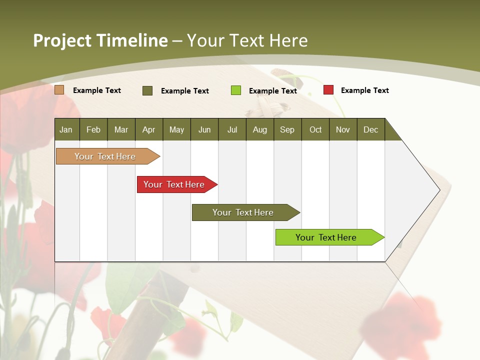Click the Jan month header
point(66,129)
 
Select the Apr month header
point(148,129)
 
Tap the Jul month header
point(232,129)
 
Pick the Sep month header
point(287,129)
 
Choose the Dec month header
point(370,129)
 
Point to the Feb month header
point(93,129)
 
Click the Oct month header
point(315,129)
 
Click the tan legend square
point(59,90)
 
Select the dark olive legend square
point(147,90)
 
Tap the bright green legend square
point(236,90)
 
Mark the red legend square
point(328,90)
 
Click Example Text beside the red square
point(364,90)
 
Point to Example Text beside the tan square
point(97,90)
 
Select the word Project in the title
point(62,40)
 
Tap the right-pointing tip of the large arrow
point(438,190)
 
